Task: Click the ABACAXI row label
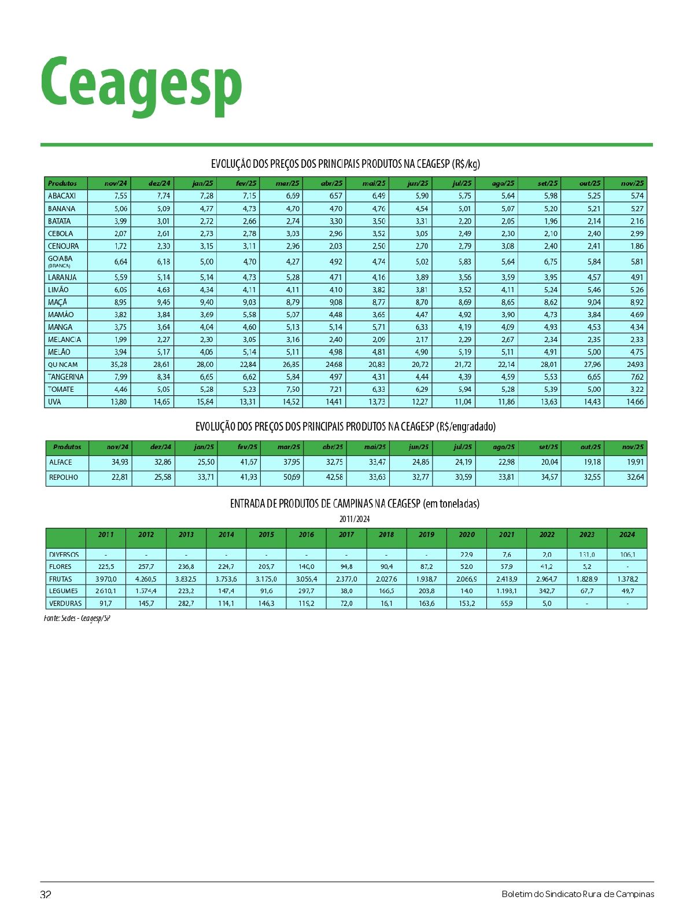pos(62,196)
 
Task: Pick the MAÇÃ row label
pos(58,302)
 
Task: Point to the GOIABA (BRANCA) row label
pos(61,261)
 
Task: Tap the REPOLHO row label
pos(64,477)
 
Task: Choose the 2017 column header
pos(346,535)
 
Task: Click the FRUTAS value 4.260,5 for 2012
pos(146,579)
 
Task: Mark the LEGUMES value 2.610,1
pos(106,591)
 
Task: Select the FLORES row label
pos(61,567)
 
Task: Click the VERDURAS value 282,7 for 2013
pos(186,603)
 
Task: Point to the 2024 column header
pos(627,535)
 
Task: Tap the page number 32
pos(46,894)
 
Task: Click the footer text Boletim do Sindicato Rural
pos(578,894)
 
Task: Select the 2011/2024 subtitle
pos(355,519)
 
